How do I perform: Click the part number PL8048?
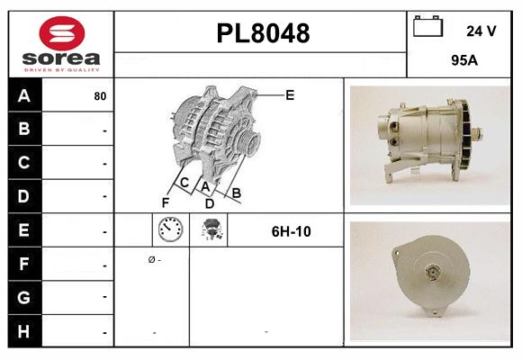263,33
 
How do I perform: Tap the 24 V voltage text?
481,31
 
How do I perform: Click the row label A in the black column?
22,96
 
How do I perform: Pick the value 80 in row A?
99,96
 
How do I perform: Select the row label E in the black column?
22,229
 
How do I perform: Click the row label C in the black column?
22,163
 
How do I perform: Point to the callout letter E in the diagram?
290,94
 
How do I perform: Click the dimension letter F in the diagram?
165,202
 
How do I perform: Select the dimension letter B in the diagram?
236,193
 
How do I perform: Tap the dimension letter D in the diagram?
209,203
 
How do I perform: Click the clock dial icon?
169,231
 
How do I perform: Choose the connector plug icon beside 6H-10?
213,231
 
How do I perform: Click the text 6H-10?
291,231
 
